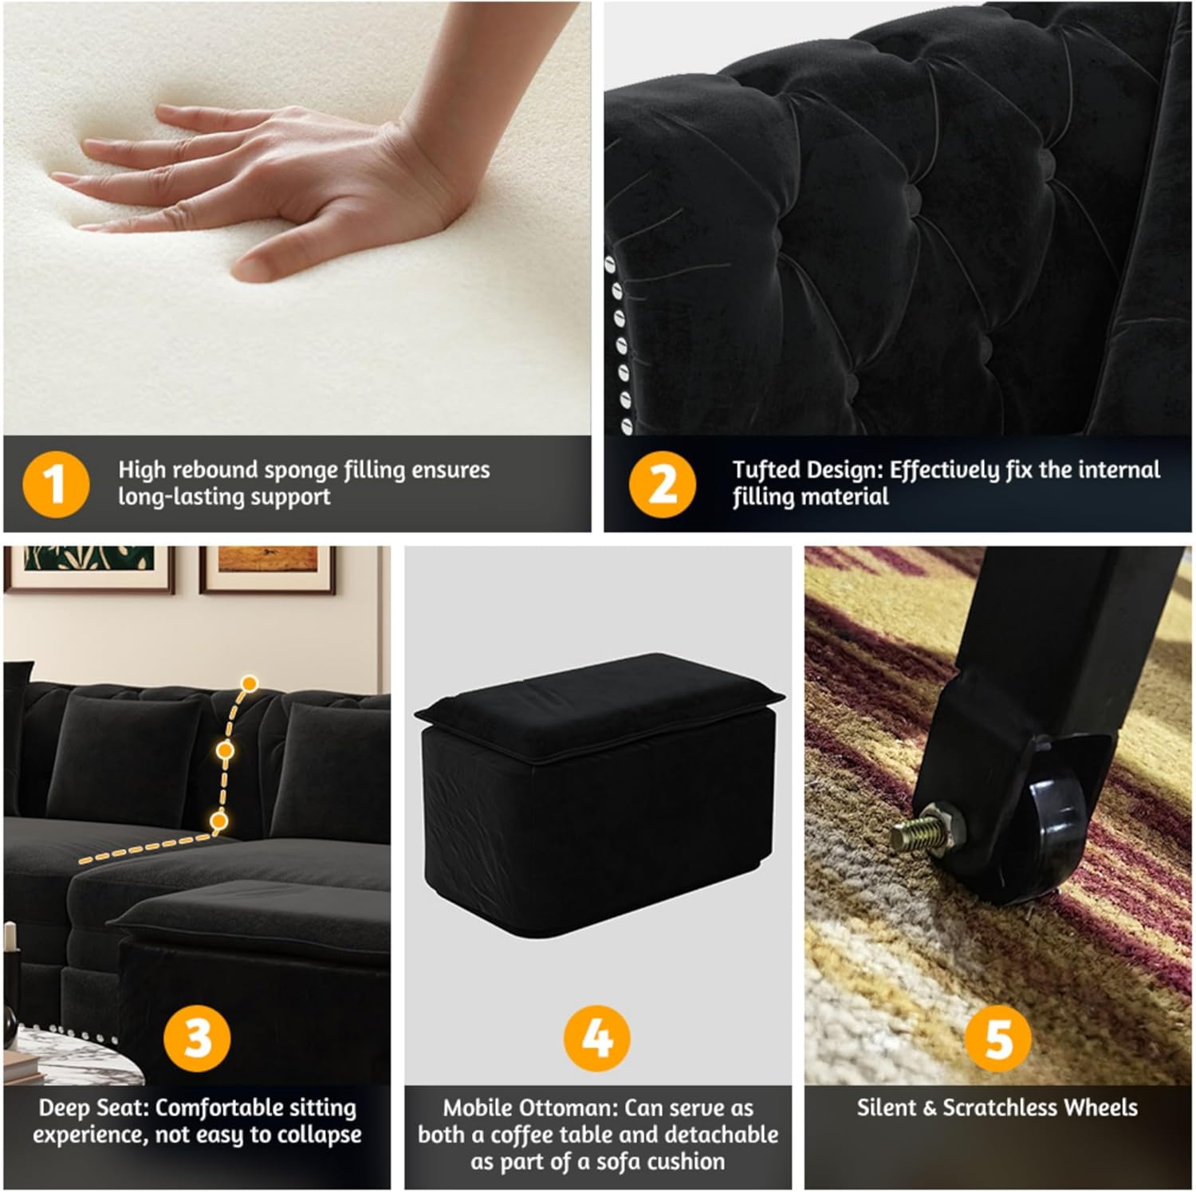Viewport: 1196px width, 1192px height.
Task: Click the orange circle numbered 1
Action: [56, 484]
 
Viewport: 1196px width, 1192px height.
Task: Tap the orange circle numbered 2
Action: [662, 484]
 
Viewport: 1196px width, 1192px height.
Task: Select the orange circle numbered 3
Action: [198, 1037]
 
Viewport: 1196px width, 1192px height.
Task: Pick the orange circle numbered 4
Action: [597, 1037]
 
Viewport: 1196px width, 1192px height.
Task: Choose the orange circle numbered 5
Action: [998, 1037]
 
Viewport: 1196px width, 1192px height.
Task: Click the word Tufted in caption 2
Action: [766, 470]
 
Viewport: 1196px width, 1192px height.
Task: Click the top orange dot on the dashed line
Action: [250, 683]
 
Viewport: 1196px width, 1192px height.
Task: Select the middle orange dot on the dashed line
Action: [226, 750]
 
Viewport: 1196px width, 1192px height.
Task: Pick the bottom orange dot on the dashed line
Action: [219, 820]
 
